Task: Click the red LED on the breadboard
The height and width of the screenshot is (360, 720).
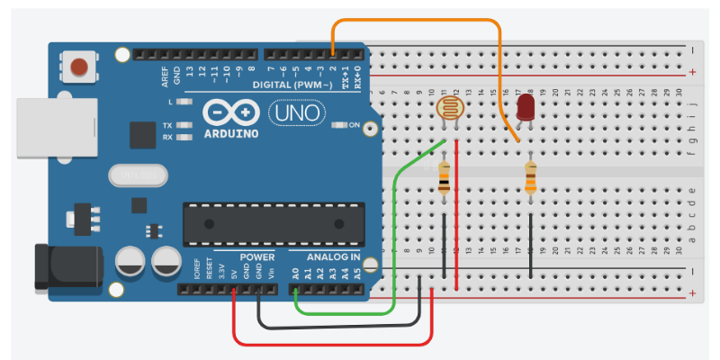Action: [x=526, y=109]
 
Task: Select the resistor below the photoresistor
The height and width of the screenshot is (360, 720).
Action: [x=445, y=177]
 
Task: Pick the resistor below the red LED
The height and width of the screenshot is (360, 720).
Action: [x=531, y=177]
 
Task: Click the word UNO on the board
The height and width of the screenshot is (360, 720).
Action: [x=292, y=113]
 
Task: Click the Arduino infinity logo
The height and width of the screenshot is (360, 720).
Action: [x=230, y=113]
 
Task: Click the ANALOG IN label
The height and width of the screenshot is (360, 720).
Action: [x=329, y=257]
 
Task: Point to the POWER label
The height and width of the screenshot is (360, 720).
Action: [x=257, y=257]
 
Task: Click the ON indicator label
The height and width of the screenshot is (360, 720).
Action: [x=354, y=124]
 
